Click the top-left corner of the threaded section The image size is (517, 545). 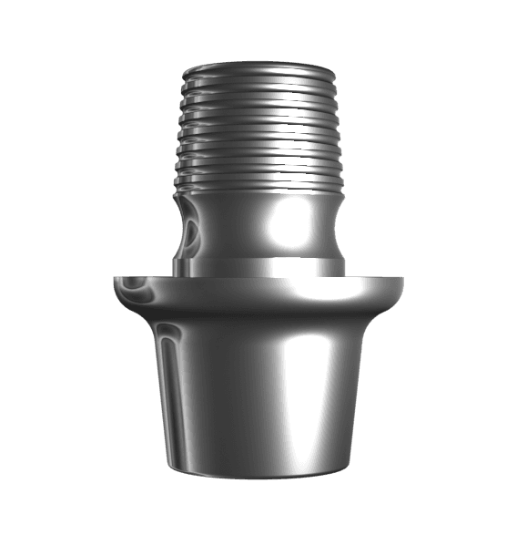coord(185,69)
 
